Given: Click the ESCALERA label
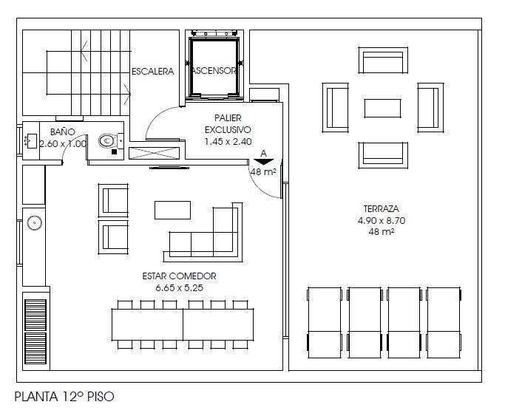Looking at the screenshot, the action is (152, 71).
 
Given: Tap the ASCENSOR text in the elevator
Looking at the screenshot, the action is (214, 70).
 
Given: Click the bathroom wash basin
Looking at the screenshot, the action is (31, 141).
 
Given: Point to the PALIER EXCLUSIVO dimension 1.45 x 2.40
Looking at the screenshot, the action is (228, 142).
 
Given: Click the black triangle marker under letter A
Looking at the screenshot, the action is (263, 162).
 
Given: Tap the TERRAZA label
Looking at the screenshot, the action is (381, 209).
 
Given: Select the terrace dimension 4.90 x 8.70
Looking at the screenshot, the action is (382, 220).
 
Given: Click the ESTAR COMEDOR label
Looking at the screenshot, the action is (179, 276).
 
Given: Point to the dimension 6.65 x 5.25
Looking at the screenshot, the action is (179, 287).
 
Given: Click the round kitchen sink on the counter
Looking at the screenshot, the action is (35, 223).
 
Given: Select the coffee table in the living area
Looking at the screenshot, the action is (172, 210).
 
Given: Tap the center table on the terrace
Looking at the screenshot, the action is (382, 108).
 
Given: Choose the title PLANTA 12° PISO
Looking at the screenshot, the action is (64, 397).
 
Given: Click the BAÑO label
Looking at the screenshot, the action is (63, 132).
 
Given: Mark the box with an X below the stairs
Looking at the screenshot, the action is (154, 153).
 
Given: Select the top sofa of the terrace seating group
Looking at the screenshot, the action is (383, 61).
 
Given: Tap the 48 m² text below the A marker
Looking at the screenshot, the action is (263, 172).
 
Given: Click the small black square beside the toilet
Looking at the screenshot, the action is (114, 151).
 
